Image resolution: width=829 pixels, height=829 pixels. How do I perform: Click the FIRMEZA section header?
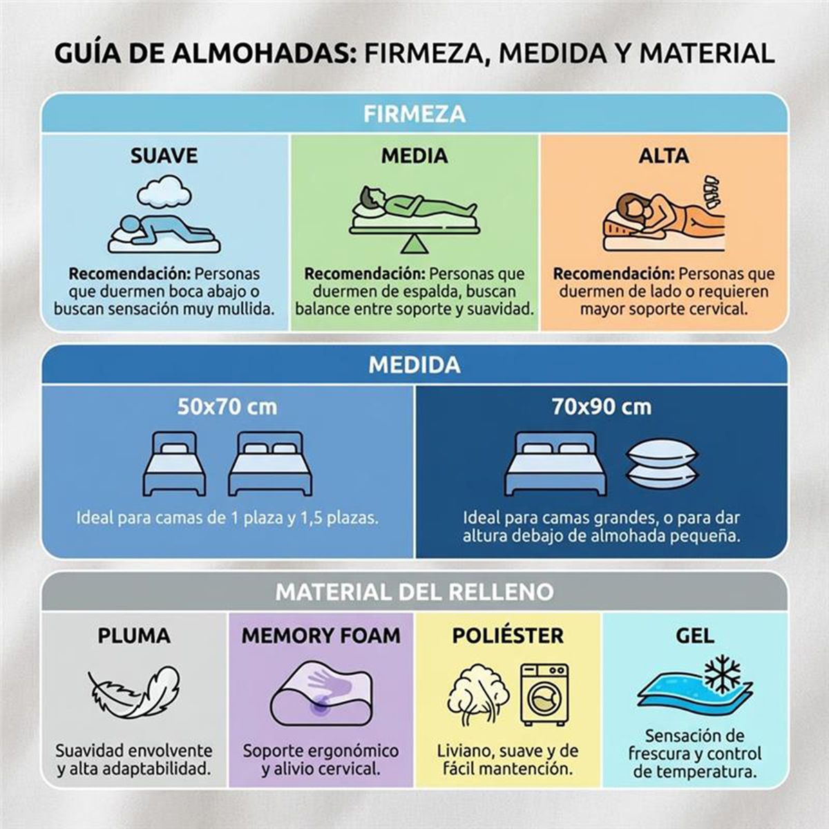pyautogui.click(x=414, y=113)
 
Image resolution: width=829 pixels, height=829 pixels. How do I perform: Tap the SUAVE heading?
pyautogui.click(x=164, y=155)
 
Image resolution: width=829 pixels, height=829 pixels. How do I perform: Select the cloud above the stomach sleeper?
pyautogui.click(x=164, y=191)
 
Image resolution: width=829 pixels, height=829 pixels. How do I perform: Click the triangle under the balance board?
pyautogui.click(x=414, y=244)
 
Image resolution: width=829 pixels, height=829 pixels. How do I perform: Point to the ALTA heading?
pyautogui.click(x=664, y=155)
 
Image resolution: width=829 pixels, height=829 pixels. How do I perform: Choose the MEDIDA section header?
pyautogui.click(x=414, y=365)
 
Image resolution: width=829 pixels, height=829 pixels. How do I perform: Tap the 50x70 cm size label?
pyautogui.click(x=227, y=407)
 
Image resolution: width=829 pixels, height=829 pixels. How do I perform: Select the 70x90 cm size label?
pyautogui.click(x=601, y=407)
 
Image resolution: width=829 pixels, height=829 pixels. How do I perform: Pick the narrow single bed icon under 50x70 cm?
pyautogui.click(x=174, y=464)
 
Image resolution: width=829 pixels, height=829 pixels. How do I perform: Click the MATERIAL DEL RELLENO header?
pyautogui.click(x=414, y=592)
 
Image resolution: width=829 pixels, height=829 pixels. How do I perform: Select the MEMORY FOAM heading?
pyautogui.click(x=321, y=636)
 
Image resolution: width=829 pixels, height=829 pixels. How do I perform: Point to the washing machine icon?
pyautogui.click(x=544, y=694)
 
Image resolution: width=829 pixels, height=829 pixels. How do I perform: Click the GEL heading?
pyautogui.click(x=695, y=636)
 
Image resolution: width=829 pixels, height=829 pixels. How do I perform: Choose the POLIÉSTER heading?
pyautogui.click(x=508, y=636)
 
